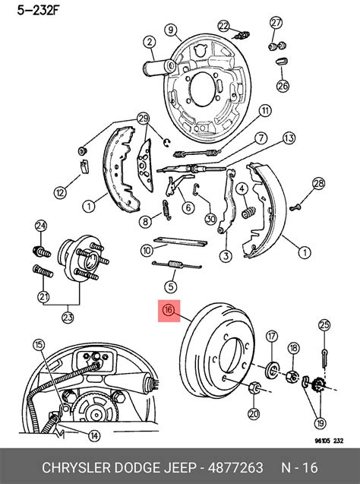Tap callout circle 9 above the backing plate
tap(171, 30)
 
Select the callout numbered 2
tap(150, 42)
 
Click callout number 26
tap(283, 85)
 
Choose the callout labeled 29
tap(143, 118)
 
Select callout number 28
tap(318, 183)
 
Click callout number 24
tap(41, 225)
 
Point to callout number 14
tap(93, 435)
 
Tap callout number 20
tap(253, 413)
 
